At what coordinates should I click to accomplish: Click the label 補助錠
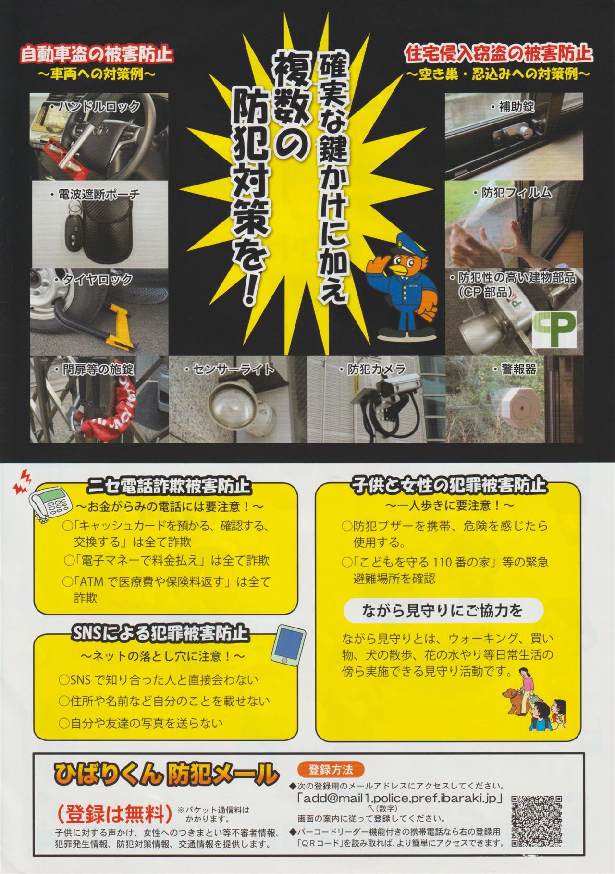click(x=512, y=107)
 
